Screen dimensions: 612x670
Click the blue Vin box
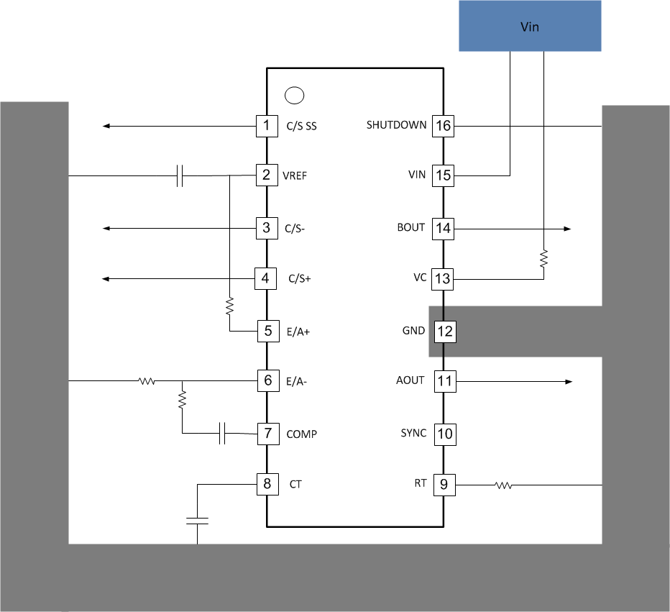[530, 26]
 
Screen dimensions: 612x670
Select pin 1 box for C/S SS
[267, 127]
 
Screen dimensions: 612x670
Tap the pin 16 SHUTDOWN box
[443, 127]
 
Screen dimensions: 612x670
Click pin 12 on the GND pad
[444, 332]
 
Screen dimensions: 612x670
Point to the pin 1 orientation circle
[294, 95]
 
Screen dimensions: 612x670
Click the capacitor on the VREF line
[180, 175]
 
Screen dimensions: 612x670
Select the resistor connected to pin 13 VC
[543, 259]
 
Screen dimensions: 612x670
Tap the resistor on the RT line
[503, 485]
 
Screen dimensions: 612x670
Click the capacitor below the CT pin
[197, 520]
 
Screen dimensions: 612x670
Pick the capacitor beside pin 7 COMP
[223, 434]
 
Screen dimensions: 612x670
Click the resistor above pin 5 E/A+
[229, 307]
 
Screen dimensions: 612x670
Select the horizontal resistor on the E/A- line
[147, 381]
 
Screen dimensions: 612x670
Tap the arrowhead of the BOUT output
[567, 229]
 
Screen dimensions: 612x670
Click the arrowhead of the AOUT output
[568, 381]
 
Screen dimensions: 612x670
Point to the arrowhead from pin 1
[106, 127]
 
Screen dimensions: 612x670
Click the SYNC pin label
[413, 433]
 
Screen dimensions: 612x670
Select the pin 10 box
[444, 434]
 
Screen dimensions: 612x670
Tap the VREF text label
[295, 175]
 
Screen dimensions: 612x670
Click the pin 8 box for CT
[267, 484]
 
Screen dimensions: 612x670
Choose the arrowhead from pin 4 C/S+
[106, 278]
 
